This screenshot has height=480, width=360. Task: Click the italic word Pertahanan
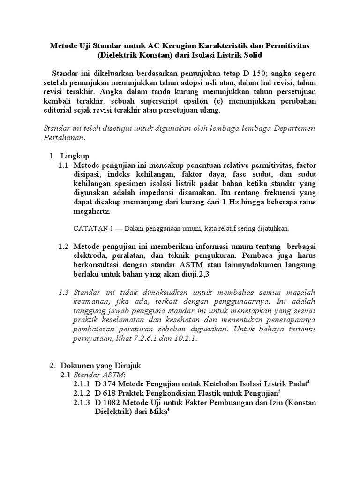[64, 138]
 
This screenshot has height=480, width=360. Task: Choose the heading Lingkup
[78, 156]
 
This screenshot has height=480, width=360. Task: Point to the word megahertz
[90, 211]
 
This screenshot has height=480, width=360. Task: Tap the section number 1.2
[64, 247]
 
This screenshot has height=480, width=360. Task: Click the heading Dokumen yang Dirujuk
[101, 365]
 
